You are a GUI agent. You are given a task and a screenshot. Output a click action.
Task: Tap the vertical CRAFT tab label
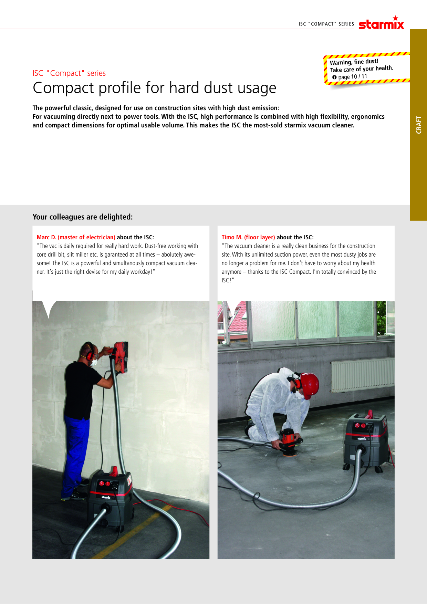click(x=419, y=125)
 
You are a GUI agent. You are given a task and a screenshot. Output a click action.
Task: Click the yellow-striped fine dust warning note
click(x=367, y=69)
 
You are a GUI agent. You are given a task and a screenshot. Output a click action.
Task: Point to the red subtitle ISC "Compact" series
click(x=69, y=73)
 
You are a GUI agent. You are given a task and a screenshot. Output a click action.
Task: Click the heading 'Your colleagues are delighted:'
click(x=83, y=217)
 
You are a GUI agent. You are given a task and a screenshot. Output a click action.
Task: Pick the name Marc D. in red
click(x=46, y=237)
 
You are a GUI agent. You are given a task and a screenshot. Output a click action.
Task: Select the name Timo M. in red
click(x=232, y=237)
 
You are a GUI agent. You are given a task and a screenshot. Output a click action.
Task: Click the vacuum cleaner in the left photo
click(x=110, y=498)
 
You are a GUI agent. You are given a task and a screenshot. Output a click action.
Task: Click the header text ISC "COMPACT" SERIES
click(x=326, y=24)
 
